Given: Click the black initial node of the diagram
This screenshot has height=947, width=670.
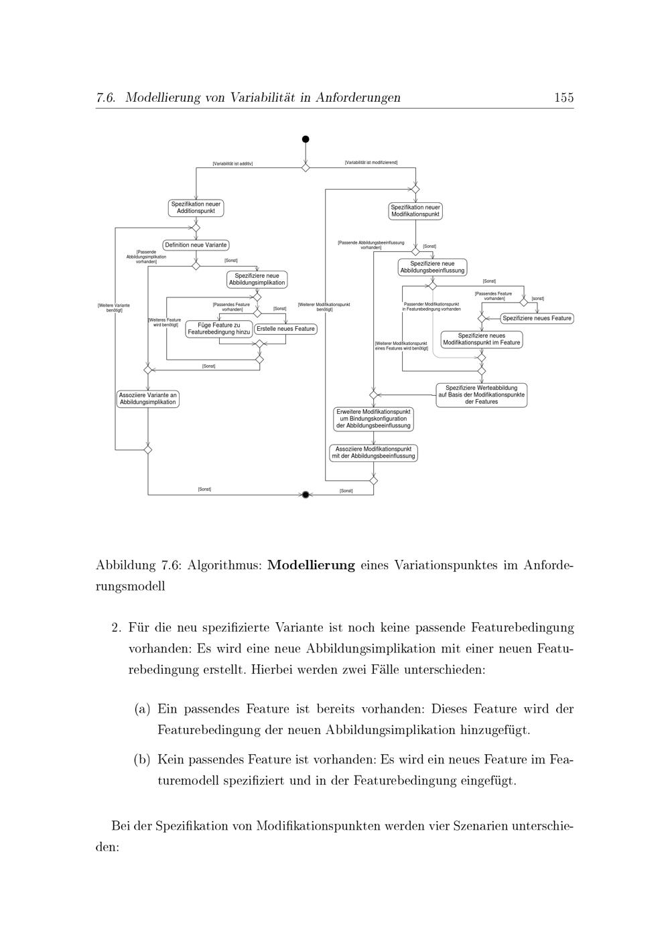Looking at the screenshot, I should pyautogui.click(x=306, y=139).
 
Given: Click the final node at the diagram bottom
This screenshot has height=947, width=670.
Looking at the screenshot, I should pyautogui.click(x=306, y=495).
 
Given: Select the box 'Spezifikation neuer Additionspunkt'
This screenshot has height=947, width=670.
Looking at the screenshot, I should pyautogui.click(x=196, y=208).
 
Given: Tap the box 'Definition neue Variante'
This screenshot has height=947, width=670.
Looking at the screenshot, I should pyautogui.click(x=196, y=245).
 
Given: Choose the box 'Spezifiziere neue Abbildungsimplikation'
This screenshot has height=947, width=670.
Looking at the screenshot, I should pyautogui.click(x=257, y=279).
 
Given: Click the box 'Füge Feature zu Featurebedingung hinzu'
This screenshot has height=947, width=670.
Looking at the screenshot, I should pyautogui.click(x=219, y=328).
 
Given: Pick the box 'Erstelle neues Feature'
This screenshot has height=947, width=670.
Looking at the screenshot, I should pyautogui.click(x=285, y=329).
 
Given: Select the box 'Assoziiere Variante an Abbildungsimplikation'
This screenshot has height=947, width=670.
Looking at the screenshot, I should pyautogui.click(x=148, y=398).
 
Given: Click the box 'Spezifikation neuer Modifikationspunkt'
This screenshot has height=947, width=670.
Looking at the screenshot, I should pyautogui.click(x=415, y=211).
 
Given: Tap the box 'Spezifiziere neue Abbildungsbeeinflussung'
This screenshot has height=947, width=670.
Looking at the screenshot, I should pyautogui.click(x=432, y=267).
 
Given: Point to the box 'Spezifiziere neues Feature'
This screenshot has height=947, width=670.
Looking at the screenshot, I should pyautogui.click(x=537, y=318).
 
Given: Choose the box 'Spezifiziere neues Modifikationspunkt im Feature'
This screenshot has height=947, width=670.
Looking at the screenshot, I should pyautogui.click(x=482, y=339).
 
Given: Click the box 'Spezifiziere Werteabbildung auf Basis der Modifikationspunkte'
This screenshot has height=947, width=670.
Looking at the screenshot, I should pyautogui.click(x=482, y=394).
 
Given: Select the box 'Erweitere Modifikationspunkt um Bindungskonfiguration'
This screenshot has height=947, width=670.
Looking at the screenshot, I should pyautogui.click(x=373, y=419).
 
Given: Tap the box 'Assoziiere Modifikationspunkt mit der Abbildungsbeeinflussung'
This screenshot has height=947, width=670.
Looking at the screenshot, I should pyautogui.click(x=373, y=452).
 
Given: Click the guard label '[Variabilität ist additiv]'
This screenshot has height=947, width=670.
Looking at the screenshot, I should pyautogui.click(x=232, y=163).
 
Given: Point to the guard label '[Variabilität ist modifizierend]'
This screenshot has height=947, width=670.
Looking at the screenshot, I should pyautogui.click(x=371, y=163).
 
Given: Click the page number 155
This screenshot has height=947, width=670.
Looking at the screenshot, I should pyautogui.click(x=563, y=98).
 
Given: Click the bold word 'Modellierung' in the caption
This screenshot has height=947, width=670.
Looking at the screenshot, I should pyautogui.click(x=311, y=565).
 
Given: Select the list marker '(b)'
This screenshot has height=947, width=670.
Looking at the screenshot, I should pyautogui.click(x=141, y=759).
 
